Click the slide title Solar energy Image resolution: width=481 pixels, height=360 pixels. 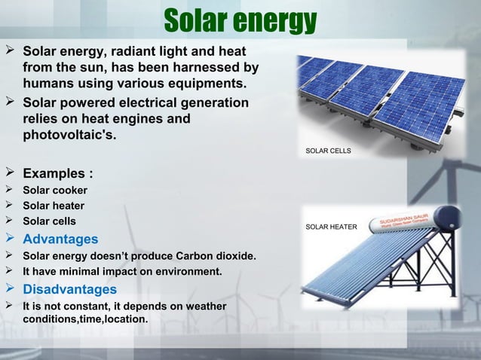[240, 21]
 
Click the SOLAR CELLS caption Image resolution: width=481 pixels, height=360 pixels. [328, 151]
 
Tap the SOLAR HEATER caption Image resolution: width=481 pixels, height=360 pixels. [331, 226]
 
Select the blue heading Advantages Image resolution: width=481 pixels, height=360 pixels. [60, 239]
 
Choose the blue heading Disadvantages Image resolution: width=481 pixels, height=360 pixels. [69, 289]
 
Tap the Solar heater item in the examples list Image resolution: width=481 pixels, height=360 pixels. [54, 206]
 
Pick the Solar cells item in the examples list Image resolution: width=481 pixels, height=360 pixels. [49, 222]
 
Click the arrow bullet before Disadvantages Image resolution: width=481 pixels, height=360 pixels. [10, 289]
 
